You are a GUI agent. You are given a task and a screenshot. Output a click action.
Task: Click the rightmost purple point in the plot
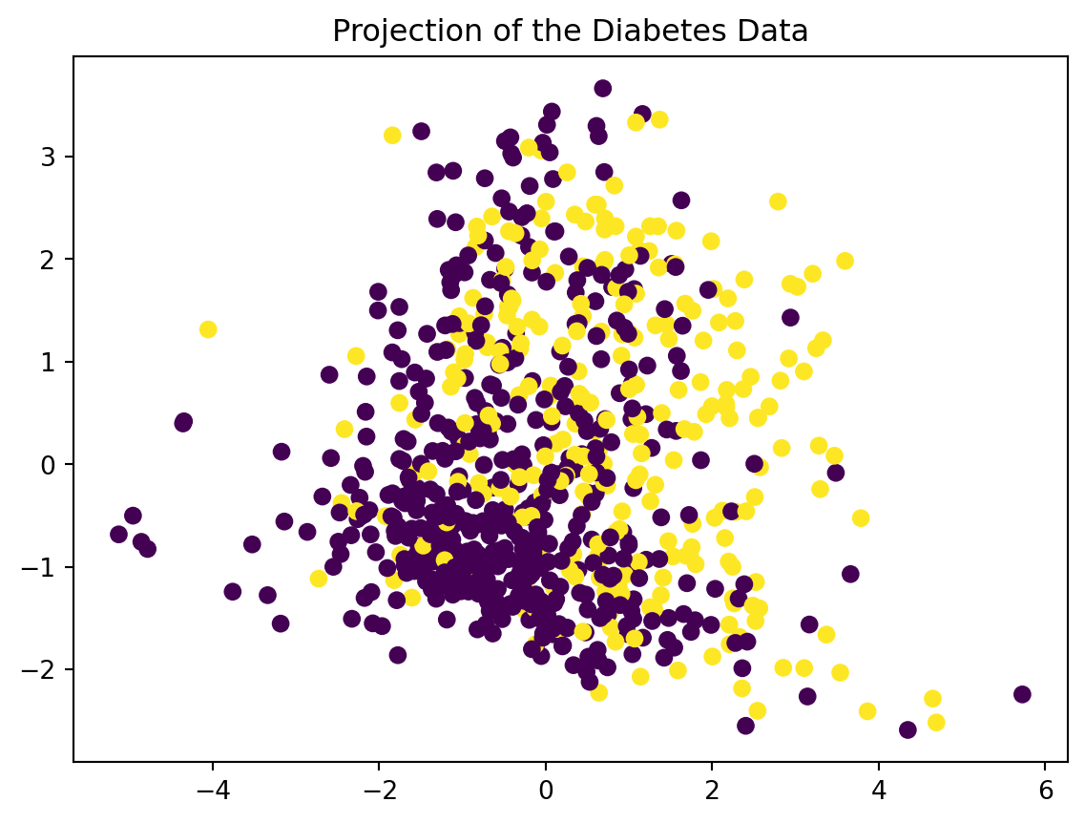point(1022,694)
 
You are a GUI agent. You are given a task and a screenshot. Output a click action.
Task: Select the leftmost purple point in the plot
point(118,534)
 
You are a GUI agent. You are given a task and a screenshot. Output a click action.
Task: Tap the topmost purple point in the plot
point(602,88)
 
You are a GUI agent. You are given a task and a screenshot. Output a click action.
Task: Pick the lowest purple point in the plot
point(908,729)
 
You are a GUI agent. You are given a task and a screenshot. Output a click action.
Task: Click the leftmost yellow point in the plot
point(208,329)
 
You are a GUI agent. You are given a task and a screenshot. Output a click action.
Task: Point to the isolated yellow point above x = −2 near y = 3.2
point(392,136)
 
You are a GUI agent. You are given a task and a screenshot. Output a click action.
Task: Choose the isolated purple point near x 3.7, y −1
point(850,574)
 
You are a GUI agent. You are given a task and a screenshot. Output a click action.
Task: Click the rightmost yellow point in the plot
point(936,722)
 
